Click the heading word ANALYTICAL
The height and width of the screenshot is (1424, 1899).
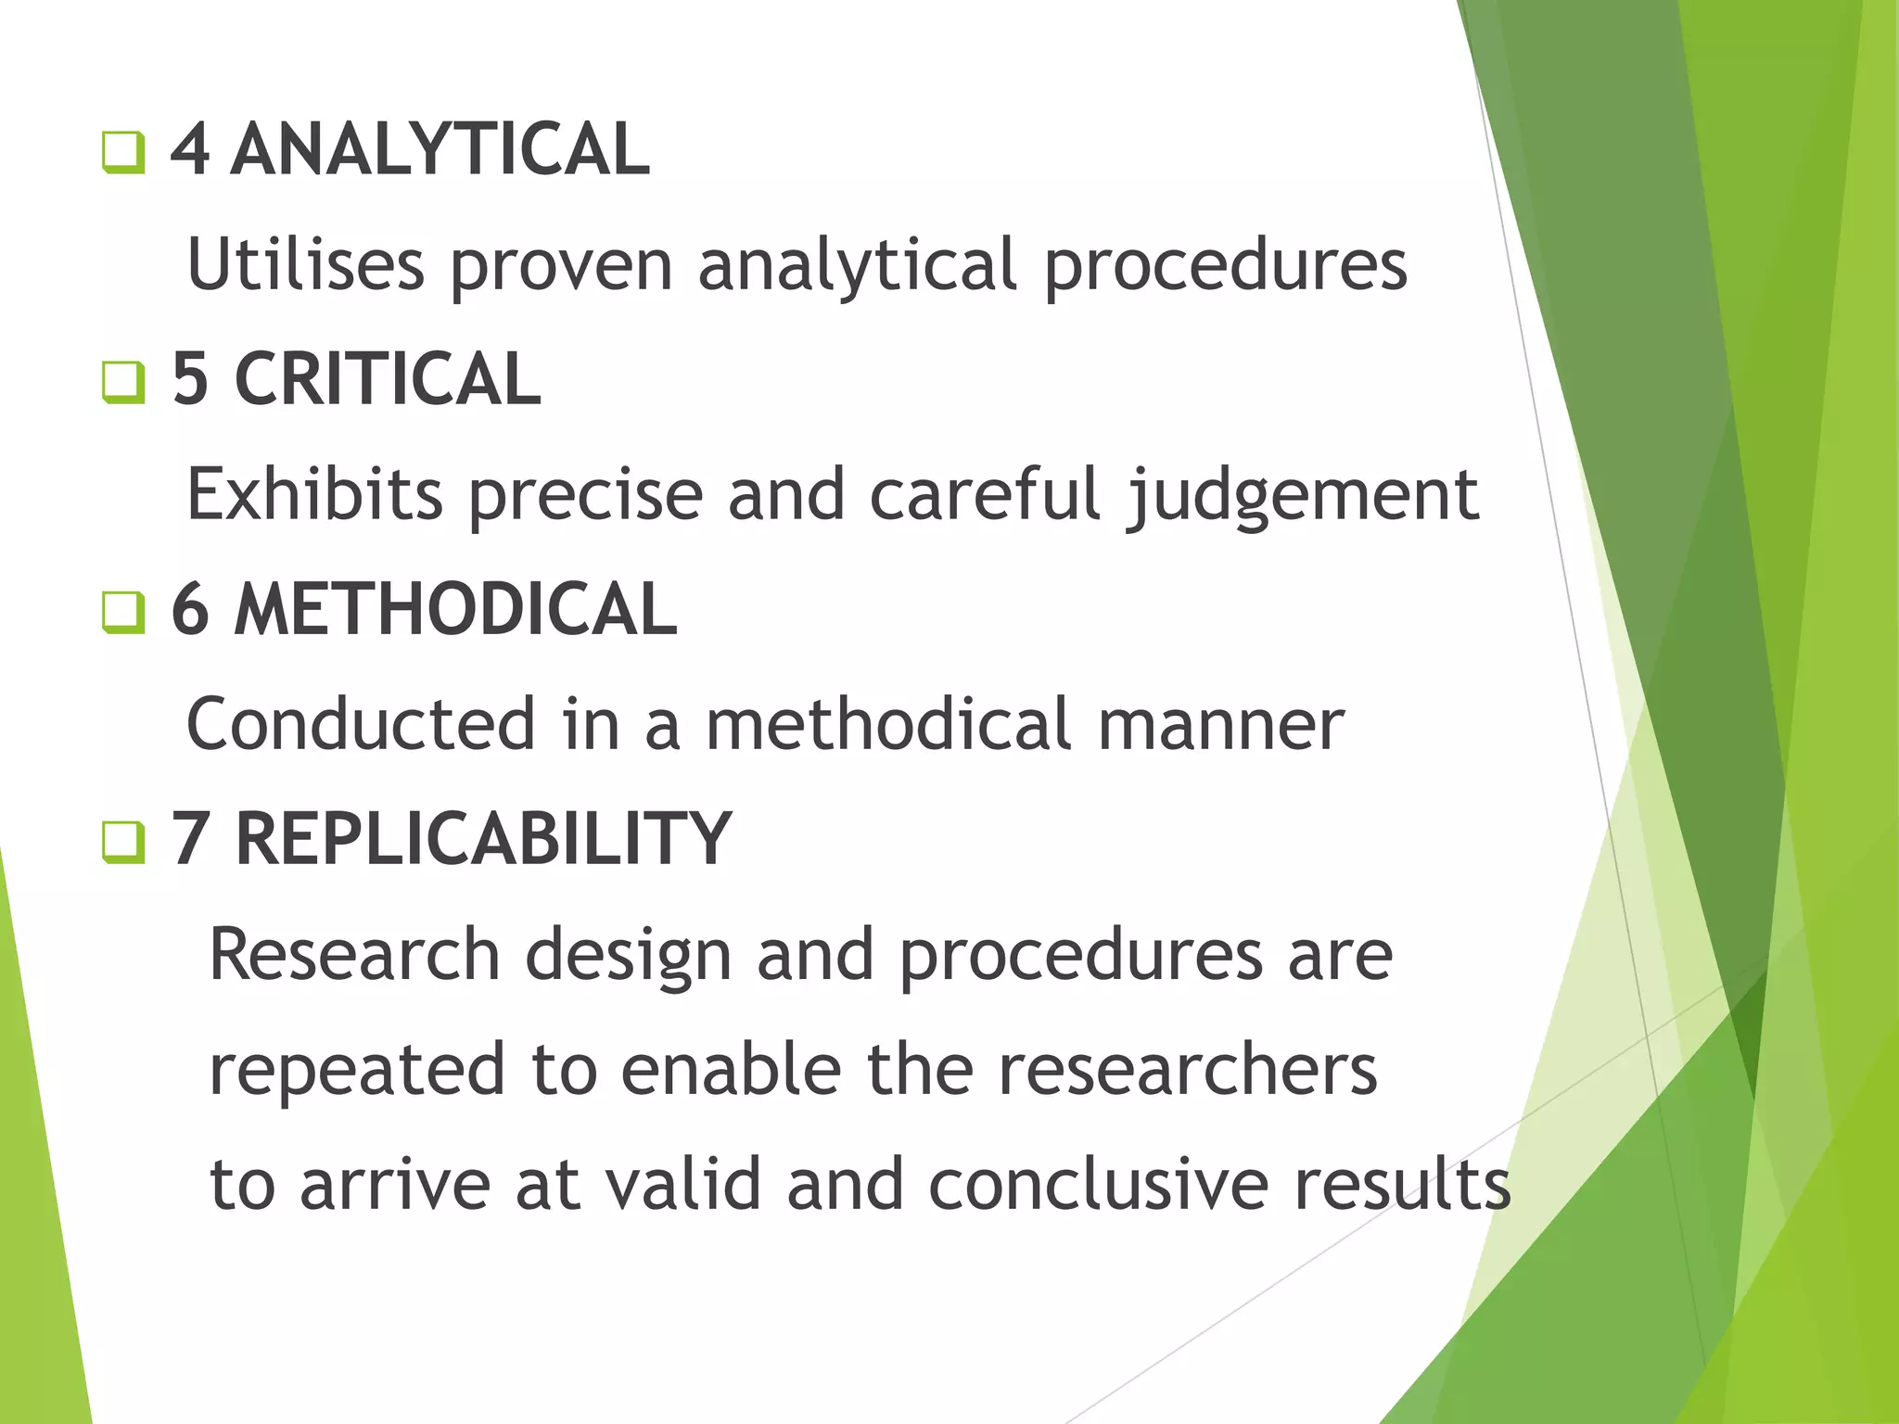click(x=440, y=150)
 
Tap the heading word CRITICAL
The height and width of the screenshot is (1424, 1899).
click(x=388, y=379)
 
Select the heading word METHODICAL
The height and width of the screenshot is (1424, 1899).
click(x=455, y=609)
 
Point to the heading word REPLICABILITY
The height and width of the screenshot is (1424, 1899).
click(x=484, y=839)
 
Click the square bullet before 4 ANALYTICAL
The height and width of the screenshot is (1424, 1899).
click(x=123, y=153)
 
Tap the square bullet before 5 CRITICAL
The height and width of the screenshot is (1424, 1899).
click(x=123, y=382)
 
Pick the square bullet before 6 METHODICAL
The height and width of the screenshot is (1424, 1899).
click(x=123, y=612)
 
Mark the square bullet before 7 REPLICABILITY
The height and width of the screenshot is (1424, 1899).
click(x=123, y=842)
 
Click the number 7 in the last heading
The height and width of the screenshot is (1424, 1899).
click(x=190, y=839)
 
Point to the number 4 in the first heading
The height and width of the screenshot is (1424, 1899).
click(x=190, y=150)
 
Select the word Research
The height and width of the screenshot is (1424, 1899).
click(x=355, y=954)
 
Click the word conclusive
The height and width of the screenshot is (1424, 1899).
click(x=1098, y=1184)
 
